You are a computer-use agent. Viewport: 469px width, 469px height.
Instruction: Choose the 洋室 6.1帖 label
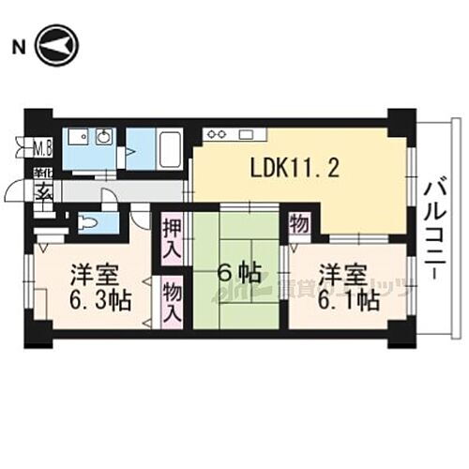(347, 288)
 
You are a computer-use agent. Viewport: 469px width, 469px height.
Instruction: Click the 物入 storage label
(172, 300)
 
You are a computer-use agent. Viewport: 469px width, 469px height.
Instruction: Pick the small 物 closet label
(298, 226)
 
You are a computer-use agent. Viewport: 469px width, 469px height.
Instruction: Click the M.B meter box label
(44, 148)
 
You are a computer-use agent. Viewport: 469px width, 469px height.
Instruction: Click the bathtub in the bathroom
(171, 150)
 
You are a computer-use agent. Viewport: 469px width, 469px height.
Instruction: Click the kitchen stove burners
(216, 134)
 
